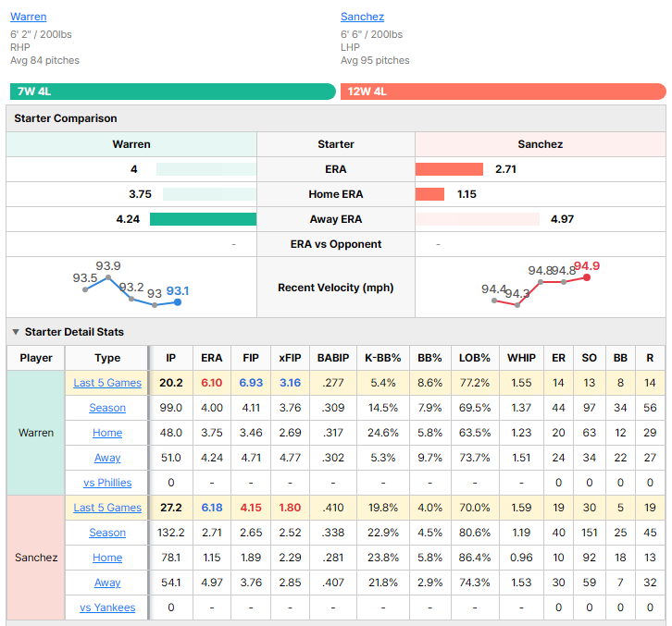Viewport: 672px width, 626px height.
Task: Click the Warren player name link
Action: [x=29, y=17]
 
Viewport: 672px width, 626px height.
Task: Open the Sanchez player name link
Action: [x=362, y=17]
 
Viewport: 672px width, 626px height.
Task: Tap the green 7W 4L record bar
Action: [x=173, y=92]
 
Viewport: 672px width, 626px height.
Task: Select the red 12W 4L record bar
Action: [x=504, y=92]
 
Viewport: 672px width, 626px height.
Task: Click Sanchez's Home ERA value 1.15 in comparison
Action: [x=467, y=194]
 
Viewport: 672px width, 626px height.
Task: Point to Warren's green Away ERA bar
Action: [x=203, y=219]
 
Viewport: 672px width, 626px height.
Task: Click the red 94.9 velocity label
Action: [x=587, y=266]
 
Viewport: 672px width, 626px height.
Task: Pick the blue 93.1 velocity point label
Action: [x=178, y=291]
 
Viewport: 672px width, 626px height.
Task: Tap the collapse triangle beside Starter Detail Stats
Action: [x=16, y=332]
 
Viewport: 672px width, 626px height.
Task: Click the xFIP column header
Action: [x=290, y=358]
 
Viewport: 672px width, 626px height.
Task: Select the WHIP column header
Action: [x=521, y=358]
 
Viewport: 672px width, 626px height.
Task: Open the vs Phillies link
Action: [x=107, y=483]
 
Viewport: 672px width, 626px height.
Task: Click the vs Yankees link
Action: [x=107, y=608]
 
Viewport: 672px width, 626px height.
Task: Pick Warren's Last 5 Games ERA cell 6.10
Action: [x=212, y=383]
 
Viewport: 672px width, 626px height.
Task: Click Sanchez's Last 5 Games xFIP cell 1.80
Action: [x=290, y=508]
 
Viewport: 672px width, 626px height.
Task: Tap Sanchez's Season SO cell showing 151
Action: [x=590, y=533]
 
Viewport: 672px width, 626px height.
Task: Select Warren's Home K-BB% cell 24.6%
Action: [x=382, y=433]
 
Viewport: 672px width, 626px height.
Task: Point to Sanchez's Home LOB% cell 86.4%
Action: [x=475, y=558]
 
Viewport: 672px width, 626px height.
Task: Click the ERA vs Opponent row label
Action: [x=336, y=244]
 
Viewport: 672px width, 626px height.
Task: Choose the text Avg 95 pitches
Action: [x=375, y=60]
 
